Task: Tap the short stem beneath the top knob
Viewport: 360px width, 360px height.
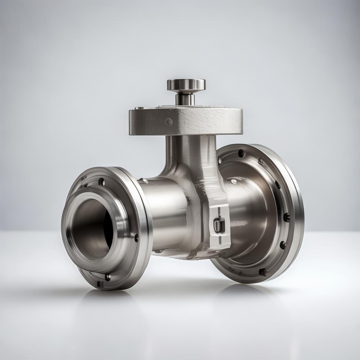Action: pos(185,99)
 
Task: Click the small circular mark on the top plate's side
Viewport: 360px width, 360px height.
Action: pos(169,122)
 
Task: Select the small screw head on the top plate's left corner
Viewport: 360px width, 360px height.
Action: pos(138,108)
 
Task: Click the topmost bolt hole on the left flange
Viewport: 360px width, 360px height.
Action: pos(102,182)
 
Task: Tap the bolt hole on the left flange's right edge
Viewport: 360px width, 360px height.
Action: pos(136,238)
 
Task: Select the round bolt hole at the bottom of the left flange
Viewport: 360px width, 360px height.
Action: pos(108,277)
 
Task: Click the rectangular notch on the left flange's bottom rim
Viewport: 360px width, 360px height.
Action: pos(100,284)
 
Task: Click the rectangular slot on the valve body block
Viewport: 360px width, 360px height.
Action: pos(219,224)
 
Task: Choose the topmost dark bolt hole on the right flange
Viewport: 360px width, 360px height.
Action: pos(242,153)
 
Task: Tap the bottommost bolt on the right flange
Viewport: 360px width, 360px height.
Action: pos(262,272)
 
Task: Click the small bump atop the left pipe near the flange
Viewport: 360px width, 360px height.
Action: pos(143,181)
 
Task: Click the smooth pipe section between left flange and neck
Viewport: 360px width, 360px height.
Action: pos(165,214)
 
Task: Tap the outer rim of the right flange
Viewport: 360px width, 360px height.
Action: pos(297,211)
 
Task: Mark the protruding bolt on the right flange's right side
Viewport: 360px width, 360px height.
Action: pos(287,217)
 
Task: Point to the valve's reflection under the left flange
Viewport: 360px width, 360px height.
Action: pos(105,299)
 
